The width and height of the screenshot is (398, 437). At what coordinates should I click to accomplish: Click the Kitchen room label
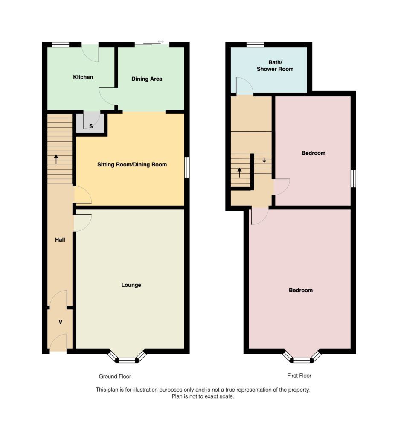pos(83,77)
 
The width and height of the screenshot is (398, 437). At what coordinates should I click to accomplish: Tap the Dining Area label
pos(147,79)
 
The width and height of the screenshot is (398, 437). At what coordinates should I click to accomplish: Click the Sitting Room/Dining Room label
pos(132,165)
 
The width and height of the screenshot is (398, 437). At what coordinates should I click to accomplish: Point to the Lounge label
pos(131,285)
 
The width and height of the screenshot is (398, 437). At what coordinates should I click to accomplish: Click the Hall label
pos(60,240)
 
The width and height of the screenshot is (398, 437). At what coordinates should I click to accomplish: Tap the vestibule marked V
pos(60,322)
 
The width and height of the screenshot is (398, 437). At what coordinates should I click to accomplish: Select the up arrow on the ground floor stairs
pos(56,160)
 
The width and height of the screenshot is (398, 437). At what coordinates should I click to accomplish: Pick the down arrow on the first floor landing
pos(264,160)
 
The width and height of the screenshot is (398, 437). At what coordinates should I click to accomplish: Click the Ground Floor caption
pos(115,376)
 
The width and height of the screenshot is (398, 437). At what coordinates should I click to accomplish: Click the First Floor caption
pos(299,376)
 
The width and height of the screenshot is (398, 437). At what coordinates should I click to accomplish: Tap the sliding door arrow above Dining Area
pos(160,41)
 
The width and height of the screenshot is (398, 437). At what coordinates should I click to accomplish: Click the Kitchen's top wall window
pos(61,44)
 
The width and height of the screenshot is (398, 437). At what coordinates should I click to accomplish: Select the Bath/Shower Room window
pos(255,44)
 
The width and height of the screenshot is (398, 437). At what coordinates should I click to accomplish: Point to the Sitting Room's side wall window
pos(187,167)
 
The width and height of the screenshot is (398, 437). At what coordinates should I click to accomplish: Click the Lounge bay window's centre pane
pos(127,361)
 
